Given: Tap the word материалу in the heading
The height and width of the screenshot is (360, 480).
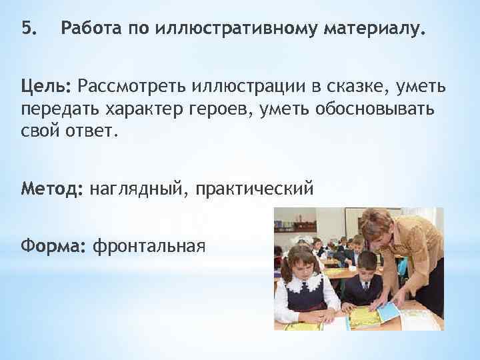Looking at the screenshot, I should point(373,29).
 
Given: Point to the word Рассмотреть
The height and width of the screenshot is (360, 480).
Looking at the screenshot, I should point(130,86).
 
